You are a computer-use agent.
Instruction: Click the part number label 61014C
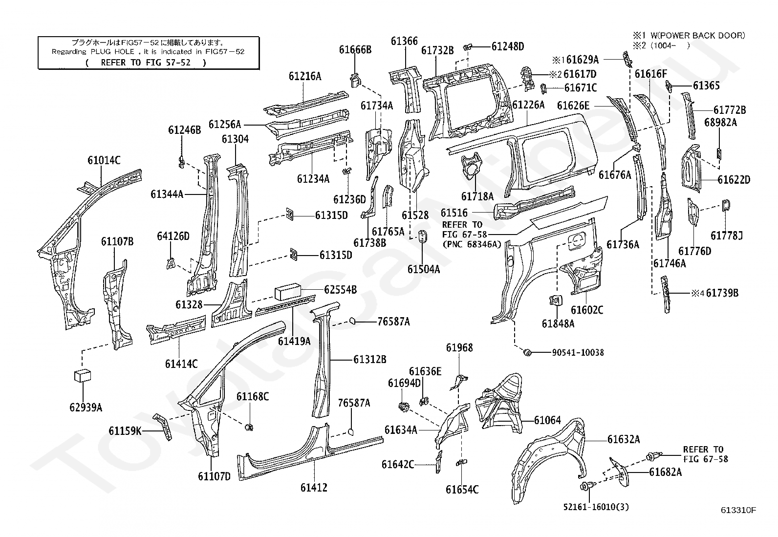(x=104, y=160)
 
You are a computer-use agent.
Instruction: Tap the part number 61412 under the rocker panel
(x=314, y=487)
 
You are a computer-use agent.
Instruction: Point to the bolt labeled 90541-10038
(x=527, y=352)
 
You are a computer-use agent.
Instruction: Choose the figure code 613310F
(x=738, y=511)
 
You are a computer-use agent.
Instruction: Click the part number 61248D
(x=507, y=46)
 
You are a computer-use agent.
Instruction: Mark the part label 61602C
(x=587, y=310)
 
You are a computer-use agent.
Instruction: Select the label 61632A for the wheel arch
(x=624, y=439)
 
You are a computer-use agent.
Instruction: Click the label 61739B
(x=722, y=293)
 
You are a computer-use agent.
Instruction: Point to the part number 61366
(x=404, y=42)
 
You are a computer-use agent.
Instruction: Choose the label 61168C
(x=252, y=396)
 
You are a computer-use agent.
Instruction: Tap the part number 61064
(x=547, y=420)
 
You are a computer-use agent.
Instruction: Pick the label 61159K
(x=125, y=430)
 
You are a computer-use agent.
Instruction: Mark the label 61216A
(x=304, y=76)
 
